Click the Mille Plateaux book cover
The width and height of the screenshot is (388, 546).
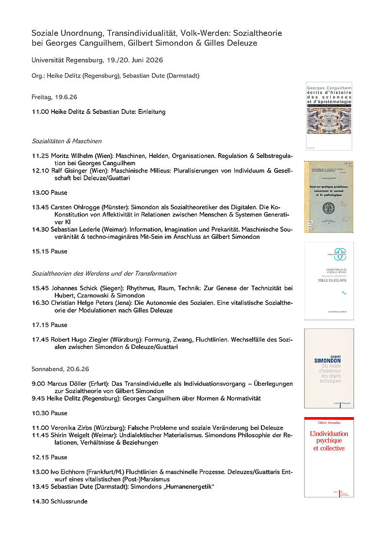tap(329, 281)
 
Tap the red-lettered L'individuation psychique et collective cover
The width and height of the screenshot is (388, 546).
tap(329, 457)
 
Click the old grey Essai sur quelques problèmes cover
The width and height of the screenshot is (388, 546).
tap(329, 197)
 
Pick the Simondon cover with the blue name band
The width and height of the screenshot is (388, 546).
tap(329, 368)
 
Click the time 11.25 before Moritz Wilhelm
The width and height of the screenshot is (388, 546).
tap(40, 156)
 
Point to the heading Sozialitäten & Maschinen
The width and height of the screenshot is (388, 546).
tap(66, 141)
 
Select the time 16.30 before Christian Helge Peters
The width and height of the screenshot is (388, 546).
tap(40, 303)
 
